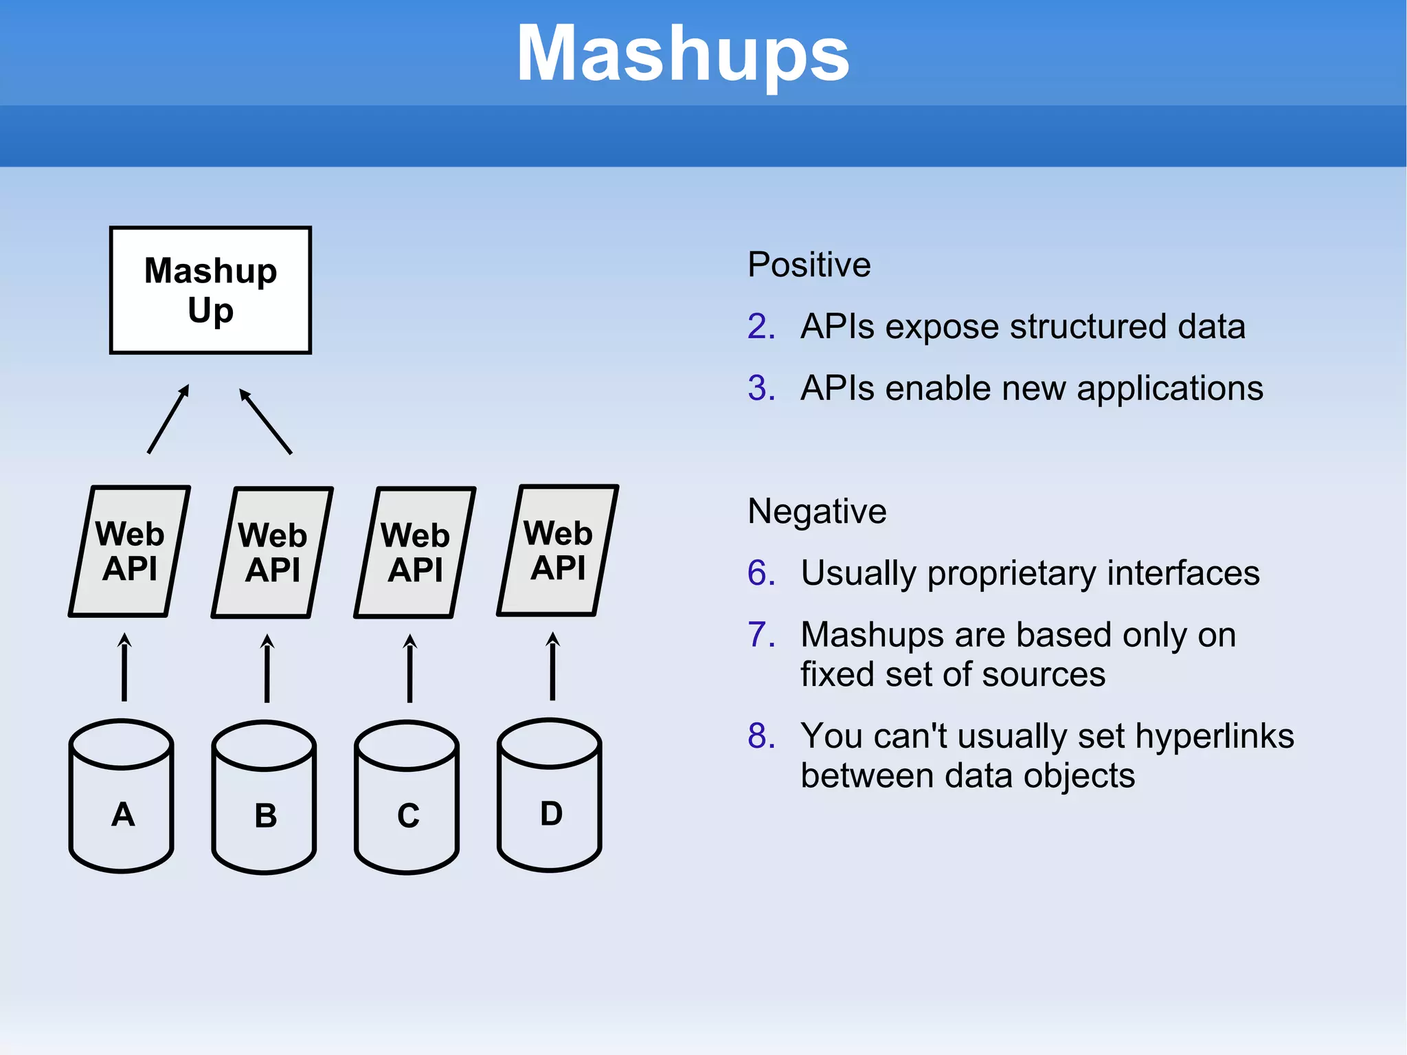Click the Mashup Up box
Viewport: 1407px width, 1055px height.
pyautogui.click(x=210, y=290)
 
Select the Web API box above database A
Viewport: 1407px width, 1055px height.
pyautogui.click(x=129, y=551)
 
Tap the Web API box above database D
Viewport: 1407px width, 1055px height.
pyautogui.click(x=558, y=551)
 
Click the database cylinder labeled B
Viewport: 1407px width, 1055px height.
pyautogui.click(x=264, y=797)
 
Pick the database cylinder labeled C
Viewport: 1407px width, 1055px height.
pyautogui.click(x=407, y=797)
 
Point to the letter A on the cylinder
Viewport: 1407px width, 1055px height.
pyautogui.click(x=123, y=814)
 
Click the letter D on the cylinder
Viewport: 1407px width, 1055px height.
pyautogui.click(x=551, y=814)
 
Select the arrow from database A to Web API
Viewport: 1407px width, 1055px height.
pyautogui.click(x=124, y=667)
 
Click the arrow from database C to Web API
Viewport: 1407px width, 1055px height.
pyautogui.click(x=410, y=668)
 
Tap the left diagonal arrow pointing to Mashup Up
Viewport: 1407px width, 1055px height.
pyautogui.click(x=168, y=419)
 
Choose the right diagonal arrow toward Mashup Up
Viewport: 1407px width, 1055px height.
pyautogui.click(x=266, y=421)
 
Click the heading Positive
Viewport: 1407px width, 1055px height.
pyautogui.click(x=809, y=265)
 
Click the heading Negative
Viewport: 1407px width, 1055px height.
pyautogui.click(x=817, y=511)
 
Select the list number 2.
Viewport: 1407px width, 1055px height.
pyautogui.click(x=761, y=326)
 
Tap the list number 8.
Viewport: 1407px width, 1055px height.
pyautogui.click(x=761, y=736)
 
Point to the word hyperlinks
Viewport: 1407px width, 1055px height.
pyautogui.click(x=1215, y=736)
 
